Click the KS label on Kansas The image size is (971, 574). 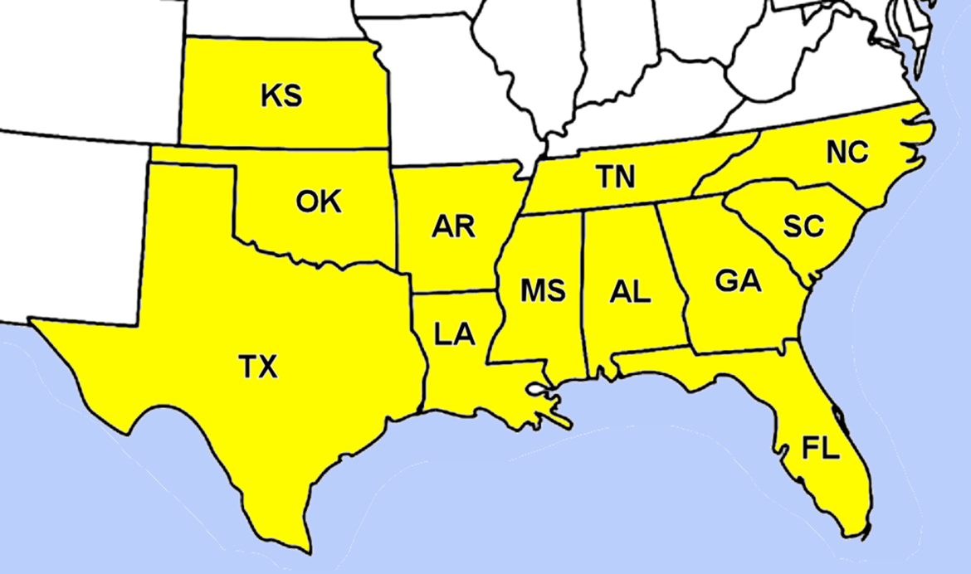coord(281,96)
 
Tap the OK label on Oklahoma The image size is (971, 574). coord(318,202)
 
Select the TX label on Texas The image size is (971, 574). coord(258,366)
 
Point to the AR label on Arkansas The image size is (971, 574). coord(453,226)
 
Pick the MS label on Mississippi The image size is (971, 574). coord(543,290)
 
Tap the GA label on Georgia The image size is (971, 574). coord(738,281)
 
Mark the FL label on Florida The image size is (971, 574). coord(821,450)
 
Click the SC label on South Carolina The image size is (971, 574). coord(803,226)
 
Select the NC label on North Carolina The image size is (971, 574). coord(847,152)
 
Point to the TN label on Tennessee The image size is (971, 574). coord(615,177)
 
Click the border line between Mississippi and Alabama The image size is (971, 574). coord(585,290)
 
